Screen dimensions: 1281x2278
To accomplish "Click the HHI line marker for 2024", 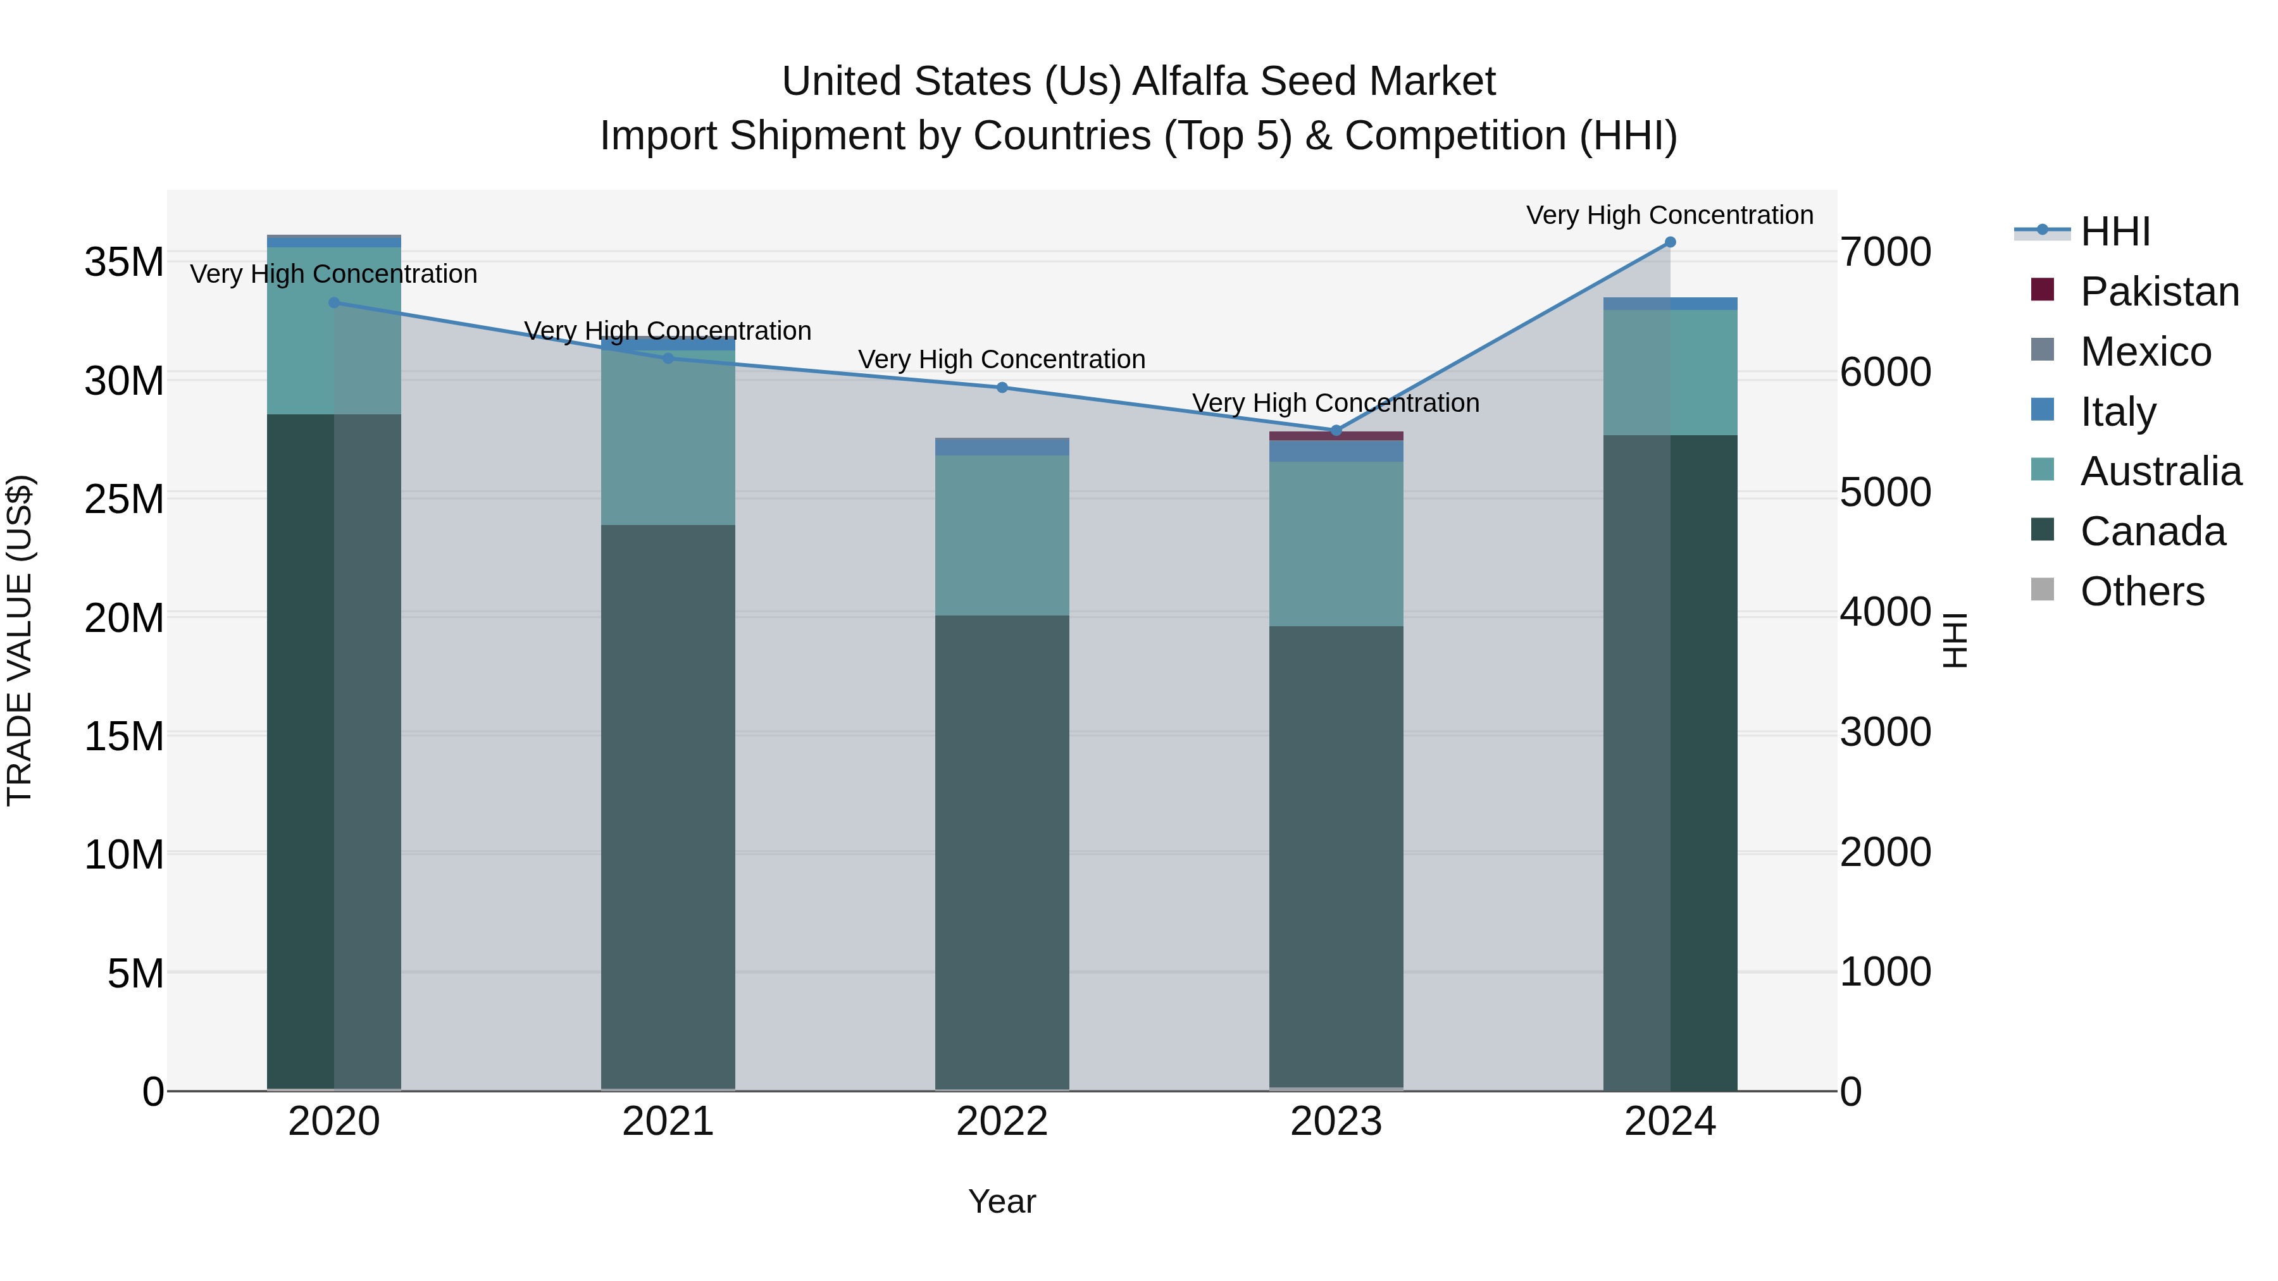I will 1670,242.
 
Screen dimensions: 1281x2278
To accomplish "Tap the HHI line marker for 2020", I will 334,302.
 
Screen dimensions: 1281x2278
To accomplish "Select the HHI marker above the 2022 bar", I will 1002,387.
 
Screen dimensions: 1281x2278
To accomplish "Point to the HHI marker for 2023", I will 1336,431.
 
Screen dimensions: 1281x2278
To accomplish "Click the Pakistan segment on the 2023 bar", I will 1336,436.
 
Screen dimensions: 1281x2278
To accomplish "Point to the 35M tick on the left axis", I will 124,263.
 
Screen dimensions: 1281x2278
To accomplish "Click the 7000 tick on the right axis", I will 1886,252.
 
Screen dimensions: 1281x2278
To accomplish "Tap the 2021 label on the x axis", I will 668,1122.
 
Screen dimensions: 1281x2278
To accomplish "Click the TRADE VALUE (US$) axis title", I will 20,640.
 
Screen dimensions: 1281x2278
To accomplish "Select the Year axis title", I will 1002,1201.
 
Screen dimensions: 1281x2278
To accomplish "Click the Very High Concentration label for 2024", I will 1670,215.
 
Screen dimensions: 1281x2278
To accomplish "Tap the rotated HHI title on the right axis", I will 1955,640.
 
